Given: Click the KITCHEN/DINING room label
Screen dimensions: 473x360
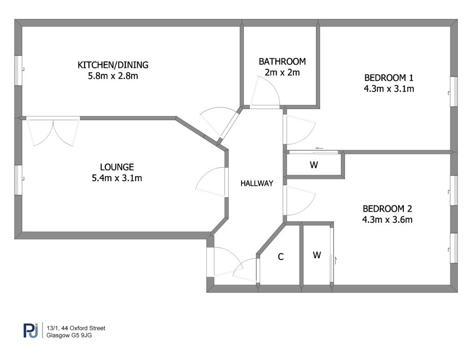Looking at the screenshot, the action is tap(113, 65).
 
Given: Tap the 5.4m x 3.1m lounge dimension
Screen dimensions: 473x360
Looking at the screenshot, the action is tap(117, 178).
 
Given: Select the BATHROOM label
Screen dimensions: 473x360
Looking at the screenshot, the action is tap(282, 61).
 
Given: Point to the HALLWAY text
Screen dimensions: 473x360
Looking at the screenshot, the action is tap(257, 183).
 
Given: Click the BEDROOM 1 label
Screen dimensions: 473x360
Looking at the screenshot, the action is tap(388, 78).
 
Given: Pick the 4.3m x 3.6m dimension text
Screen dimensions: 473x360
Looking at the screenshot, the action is tap(388, 220).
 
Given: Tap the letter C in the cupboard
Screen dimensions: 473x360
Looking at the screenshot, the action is tap(280, 257).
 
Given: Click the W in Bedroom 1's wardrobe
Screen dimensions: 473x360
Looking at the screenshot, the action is tap(314, 165).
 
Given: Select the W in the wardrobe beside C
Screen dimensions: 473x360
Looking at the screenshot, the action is tap(317, 255).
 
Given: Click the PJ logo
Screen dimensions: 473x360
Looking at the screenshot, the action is tap(31, 330).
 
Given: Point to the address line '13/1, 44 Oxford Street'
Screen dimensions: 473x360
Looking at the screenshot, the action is tap(76, 328).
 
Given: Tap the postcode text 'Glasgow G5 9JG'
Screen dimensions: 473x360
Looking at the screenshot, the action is tap(69, 335).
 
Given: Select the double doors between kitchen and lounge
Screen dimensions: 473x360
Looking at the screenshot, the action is tap(53, 132).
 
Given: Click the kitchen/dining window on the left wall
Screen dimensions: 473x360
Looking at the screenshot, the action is tap(18, 71).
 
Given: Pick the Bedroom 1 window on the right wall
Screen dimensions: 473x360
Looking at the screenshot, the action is tap(454, 92).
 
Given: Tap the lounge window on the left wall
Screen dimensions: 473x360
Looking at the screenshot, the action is tap(18, 180).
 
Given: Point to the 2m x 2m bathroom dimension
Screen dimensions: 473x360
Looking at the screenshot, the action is tap(282, 73).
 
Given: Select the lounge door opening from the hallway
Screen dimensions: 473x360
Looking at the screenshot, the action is tap(211, 183).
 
